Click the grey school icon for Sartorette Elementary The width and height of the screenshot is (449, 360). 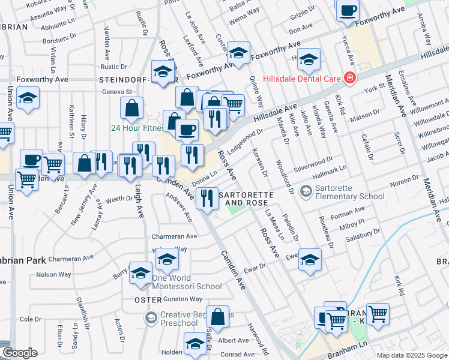pos(306,191)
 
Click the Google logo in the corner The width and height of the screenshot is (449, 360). pos(20,353)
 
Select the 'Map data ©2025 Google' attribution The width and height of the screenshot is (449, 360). pos(412,355)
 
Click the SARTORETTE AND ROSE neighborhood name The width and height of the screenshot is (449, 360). pos(246,199)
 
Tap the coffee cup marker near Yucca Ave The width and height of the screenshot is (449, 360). pos(348,11)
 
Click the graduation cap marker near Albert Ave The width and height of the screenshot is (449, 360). pos(194,344)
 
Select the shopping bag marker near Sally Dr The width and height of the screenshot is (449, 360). pos(219,317)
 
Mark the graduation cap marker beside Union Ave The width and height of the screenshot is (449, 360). pos(28,99)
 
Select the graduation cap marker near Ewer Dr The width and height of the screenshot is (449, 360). pos(310,259)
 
